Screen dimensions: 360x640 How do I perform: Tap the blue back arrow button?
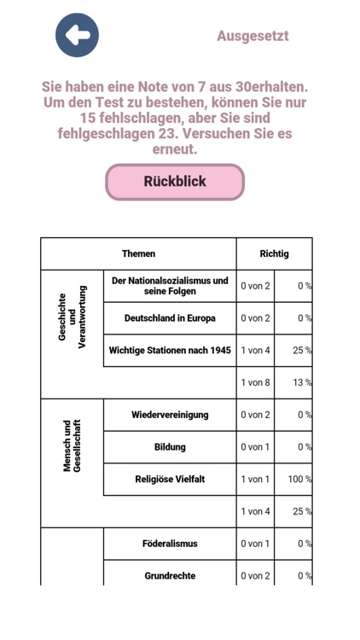click(x=78, y=36)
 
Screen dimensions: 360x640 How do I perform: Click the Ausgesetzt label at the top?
click(x=253, y=36)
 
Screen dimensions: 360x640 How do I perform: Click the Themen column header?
click(x=138, y=253)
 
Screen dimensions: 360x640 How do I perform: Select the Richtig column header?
click(x=274, y=253)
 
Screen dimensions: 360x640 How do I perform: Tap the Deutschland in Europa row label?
click(x=170, y=318)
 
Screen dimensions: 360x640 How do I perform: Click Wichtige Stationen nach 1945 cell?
click(x=170, y=350)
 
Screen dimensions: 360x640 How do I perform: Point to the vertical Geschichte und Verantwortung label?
click(x=73, y=318)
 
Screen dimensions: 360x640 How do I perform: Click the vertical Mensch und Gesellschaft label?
click(x=73, y=446)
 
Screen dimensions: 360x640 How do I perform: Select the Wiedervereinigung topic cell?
click(x=170, y=415)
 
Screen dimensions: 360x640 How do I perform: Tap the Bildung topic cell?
click(x=170, y=447)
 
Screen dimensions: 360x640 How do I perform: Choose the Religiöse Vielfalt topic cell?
click(x=170, y=480)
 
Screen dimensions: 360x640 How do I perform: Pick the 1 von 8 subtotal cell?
click(x=255, y=382)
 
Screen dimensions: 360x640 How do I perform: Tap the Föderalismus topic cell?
click(x=170, y=544)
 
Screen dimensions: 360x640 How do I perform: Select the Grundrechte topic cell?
click(x=170, y=575)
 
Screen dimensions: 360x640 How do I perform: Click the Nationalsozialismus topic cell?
click(x=170, y=286)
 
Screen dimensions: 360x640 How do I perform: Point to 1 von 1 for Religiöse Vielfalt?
click(x=255, y=480)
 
